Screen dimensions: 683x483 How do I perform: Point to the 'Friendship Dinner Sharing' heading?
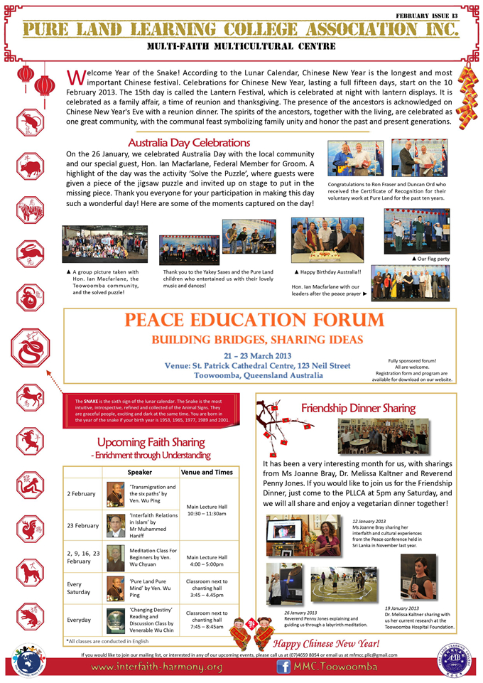[x=358, y=408]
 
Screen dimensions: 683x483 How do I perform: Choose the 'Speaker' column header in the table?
[x=139, y=472]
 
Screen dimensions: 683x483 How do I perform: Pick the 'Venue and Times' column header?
[x=207, y=472]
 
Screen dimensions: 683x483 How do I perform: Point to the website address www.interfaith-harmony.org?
[x=156, y=667]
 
